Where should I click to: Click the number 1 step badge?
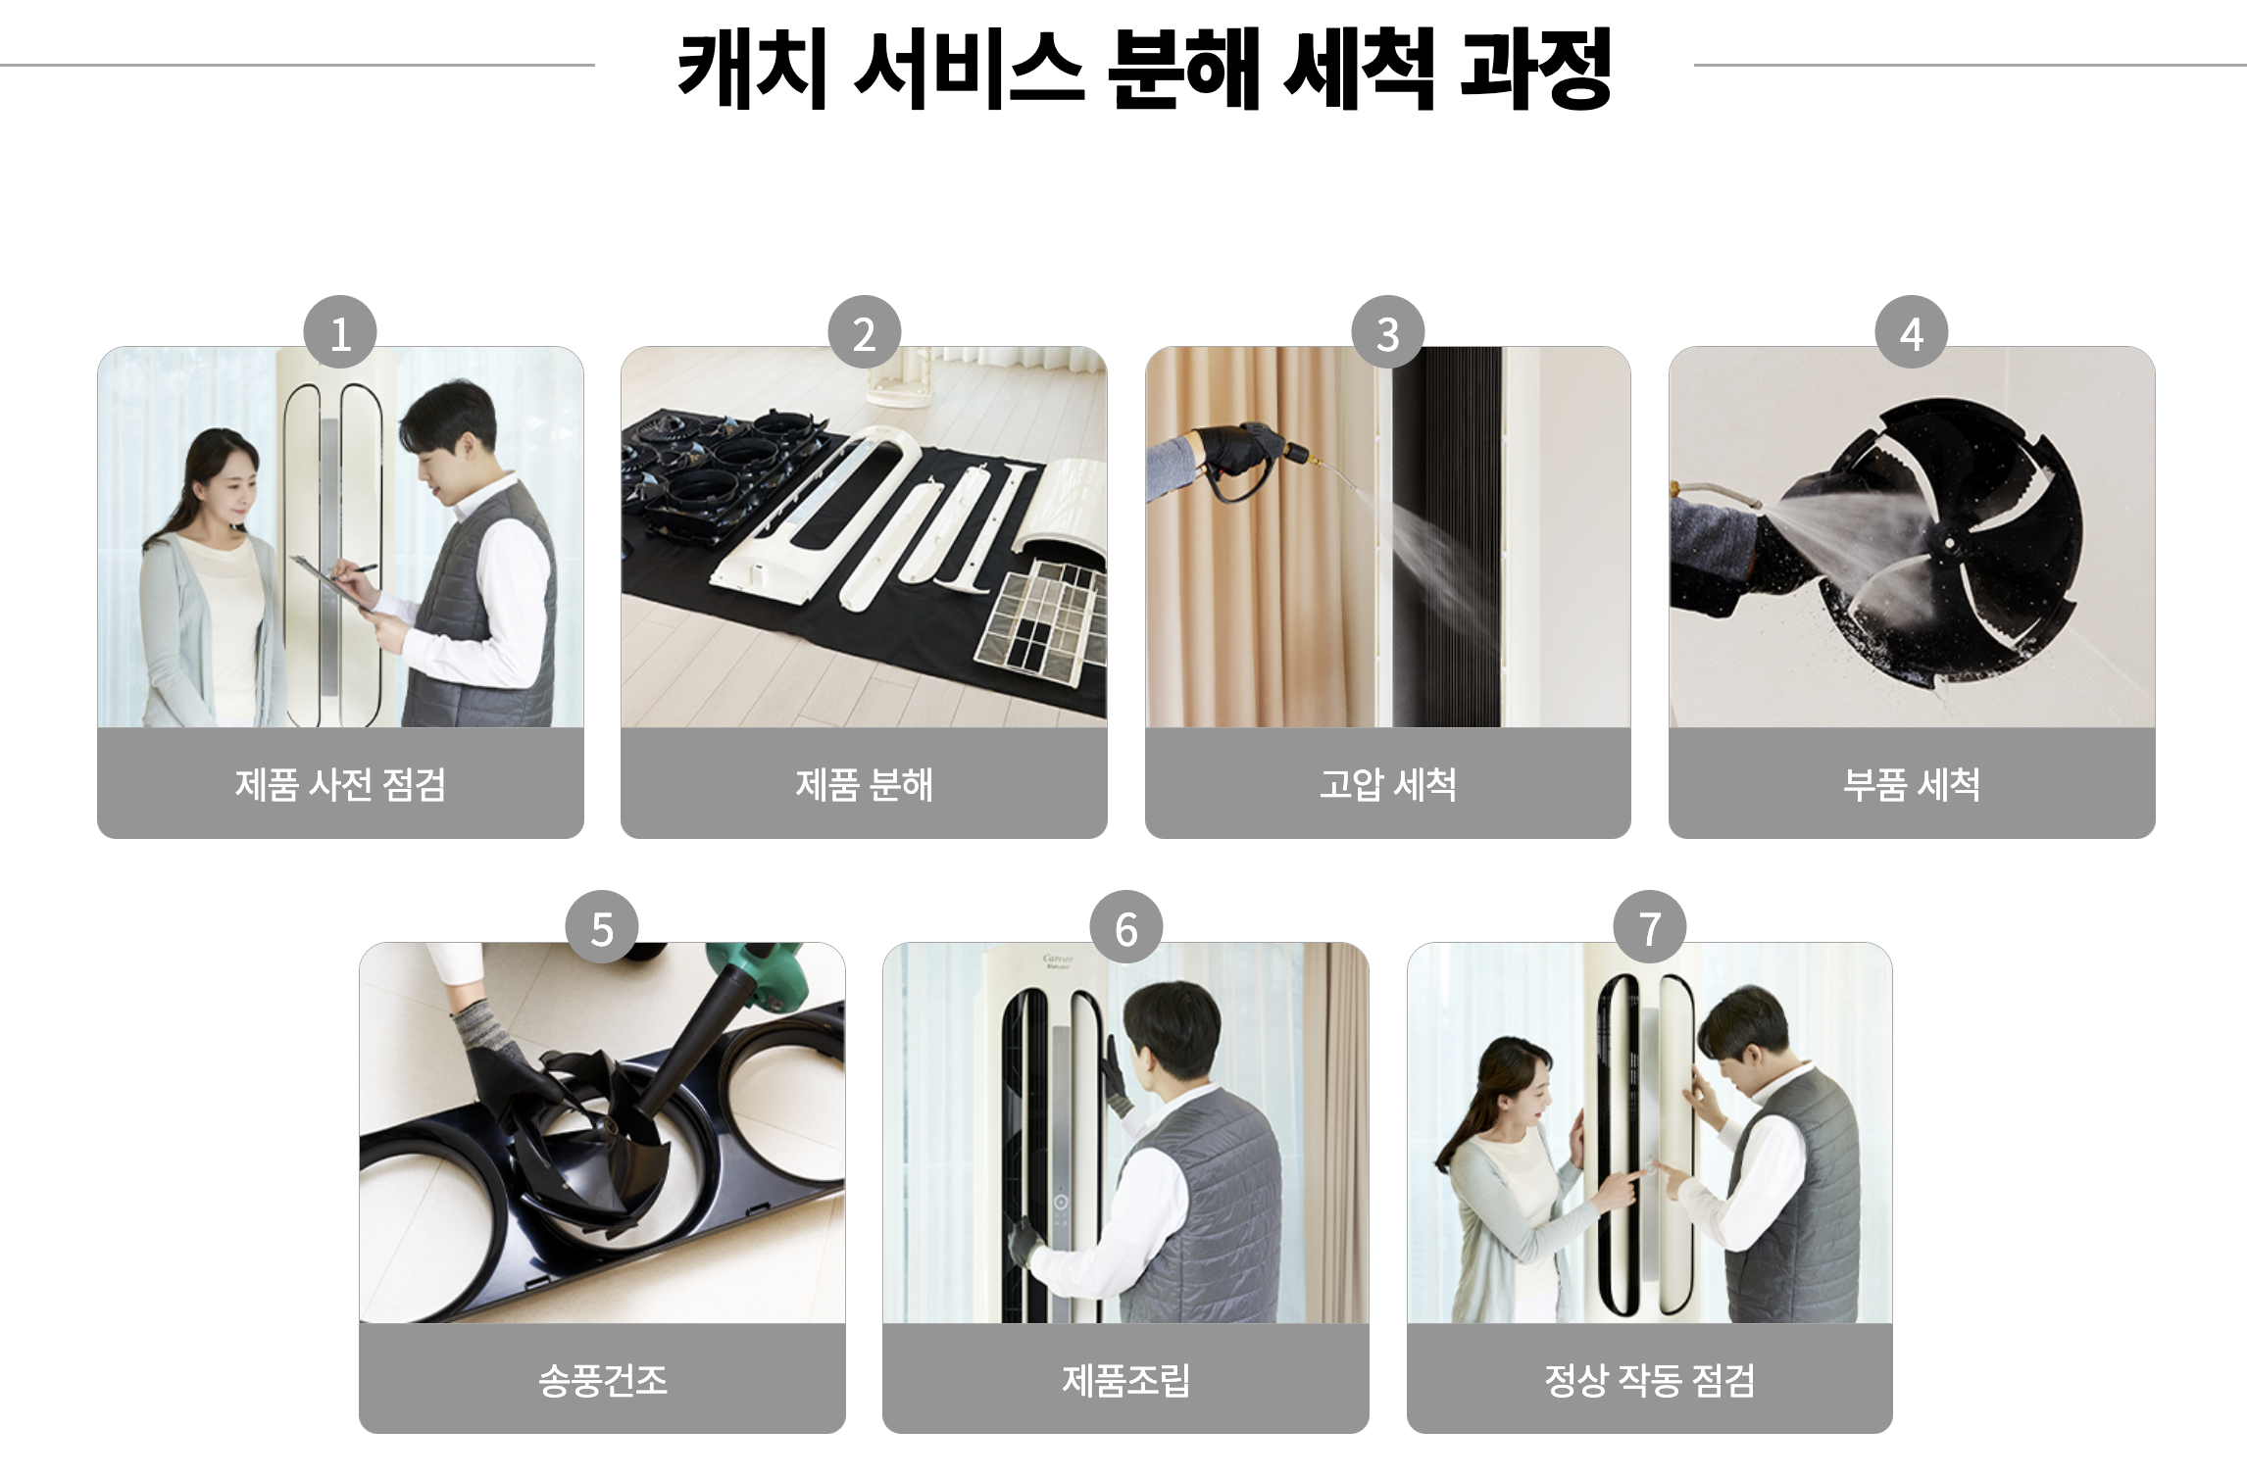coord(340,332)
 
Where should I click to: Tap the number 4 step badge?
coord(1912,332)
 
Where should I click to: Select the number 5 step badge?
coord(602,927)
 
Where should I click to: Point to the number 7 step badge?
coord(1650,927)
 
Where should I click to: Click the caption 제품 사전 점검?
coord(340,784)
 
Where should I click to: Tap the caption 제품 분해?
coord(864,784)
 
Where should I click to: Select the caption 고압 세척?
coord(1388,784)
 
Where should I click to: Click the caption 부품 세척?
coord(1912,784)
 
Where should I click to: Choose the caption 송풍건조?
coord(603,1380)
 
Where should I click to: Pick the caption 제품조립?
coord(1126,1380)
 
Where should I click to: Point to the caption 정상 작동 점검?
coord(1650,1380)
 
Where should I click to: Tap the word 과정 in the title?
coord(1536,68)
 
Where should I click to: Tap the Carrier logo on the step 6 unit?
coord(1058,961)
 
